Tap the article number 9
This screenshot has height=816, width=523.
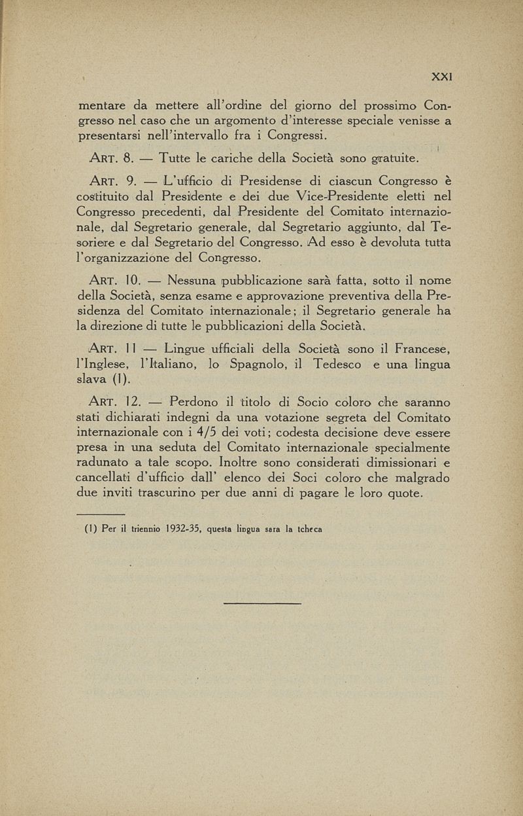coord(129,179)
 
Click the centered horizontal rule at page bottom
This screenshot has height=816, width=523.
coord(261,602)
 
